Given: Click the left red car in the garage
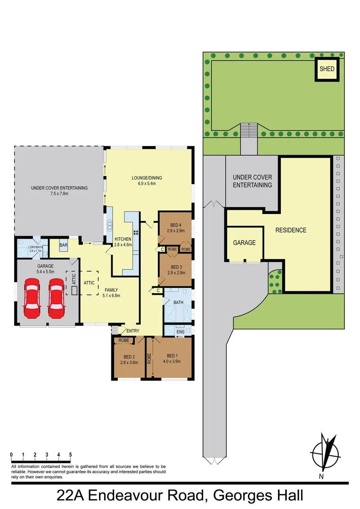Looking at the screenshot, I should (x=32, y=299).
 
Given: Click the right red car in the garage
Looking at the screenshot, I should (x=56, y=299).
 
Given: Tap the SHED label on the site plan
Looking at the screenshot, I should (x=327, y=69).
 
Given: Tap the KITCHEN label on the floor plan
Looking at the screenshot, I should (x=123, y=239).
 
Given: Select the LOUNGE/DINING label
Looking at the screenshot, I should (x=147, y=178).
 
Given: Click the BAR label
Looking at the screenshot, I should (x=64, y=246).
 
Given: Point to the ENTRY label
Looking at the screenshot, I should (x=133, y=331).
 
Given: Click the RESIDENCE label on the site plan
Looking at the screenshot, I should (x=291, y=230).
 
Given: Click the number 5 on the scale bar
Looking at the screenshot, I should (x=71, y=455).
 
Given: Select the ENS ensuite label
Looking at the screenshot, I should (x=180, y=332).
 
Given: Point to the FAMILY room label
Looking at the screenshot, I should (x=112, y=290).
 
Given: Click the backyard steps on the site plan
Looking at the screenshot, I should (x=249, y=130).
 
